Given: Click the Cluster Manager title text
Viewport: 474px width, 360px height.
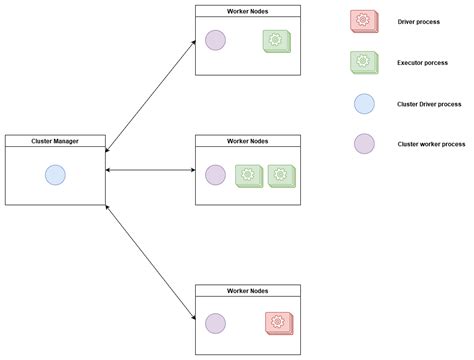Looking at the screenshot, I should (x=55, y=141).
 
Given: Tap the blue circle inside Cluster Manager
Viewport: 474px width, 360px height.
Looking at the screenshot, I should (x=55, y=176).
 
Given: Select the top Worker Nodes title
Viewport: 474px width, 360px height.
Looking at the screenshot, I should (x=247, y=11).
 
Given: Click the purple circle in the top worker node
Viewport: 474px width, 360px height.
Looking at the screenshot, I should (x=215, y=40).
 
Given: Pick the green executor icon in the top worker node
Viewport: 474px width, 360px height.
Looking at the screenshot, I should (x=276, y=41).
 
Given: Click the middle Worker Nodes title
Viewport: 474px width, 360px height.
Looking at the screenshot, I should (x=247, y=141).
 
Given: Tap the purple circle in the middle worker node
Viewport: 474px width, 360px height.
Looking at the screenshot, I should (x=215, y=175).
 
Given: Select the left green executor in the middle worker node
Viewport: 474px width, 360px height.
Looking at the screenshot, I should (x=248, y=175).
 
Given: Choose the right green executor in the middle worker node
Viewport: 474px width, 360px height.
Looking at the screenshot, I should (x=280, y=175).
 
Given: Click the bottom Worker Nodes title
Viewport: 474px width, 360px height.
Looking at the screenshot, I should (x=247, y=290).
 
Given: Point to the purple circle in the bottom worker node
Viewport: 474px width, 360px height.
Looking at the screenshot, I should (x=215, y=322).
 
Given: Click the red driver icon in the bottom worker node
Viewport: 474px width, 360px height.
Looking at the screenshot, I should (x=278, y=322).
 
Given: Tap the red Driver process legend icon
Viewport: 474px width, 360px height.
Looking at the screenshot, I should (x=364, y=20).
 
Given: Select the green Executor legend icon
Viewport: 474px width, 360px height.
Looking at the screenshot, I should (x=364, y=62).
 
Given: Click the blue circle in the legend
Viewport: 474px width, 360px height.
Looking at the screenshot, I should (x=364, y=103).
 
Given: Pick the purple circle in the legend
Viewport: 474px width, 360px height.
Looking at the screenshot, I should (x=364, y=143).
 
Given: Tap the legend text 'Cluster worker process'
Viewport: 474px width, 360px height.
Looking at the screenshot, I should (x=431, y=144).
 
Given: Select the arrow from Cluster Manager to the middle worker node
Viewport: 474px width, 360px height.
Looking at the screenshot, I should (x=150, y=171).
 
